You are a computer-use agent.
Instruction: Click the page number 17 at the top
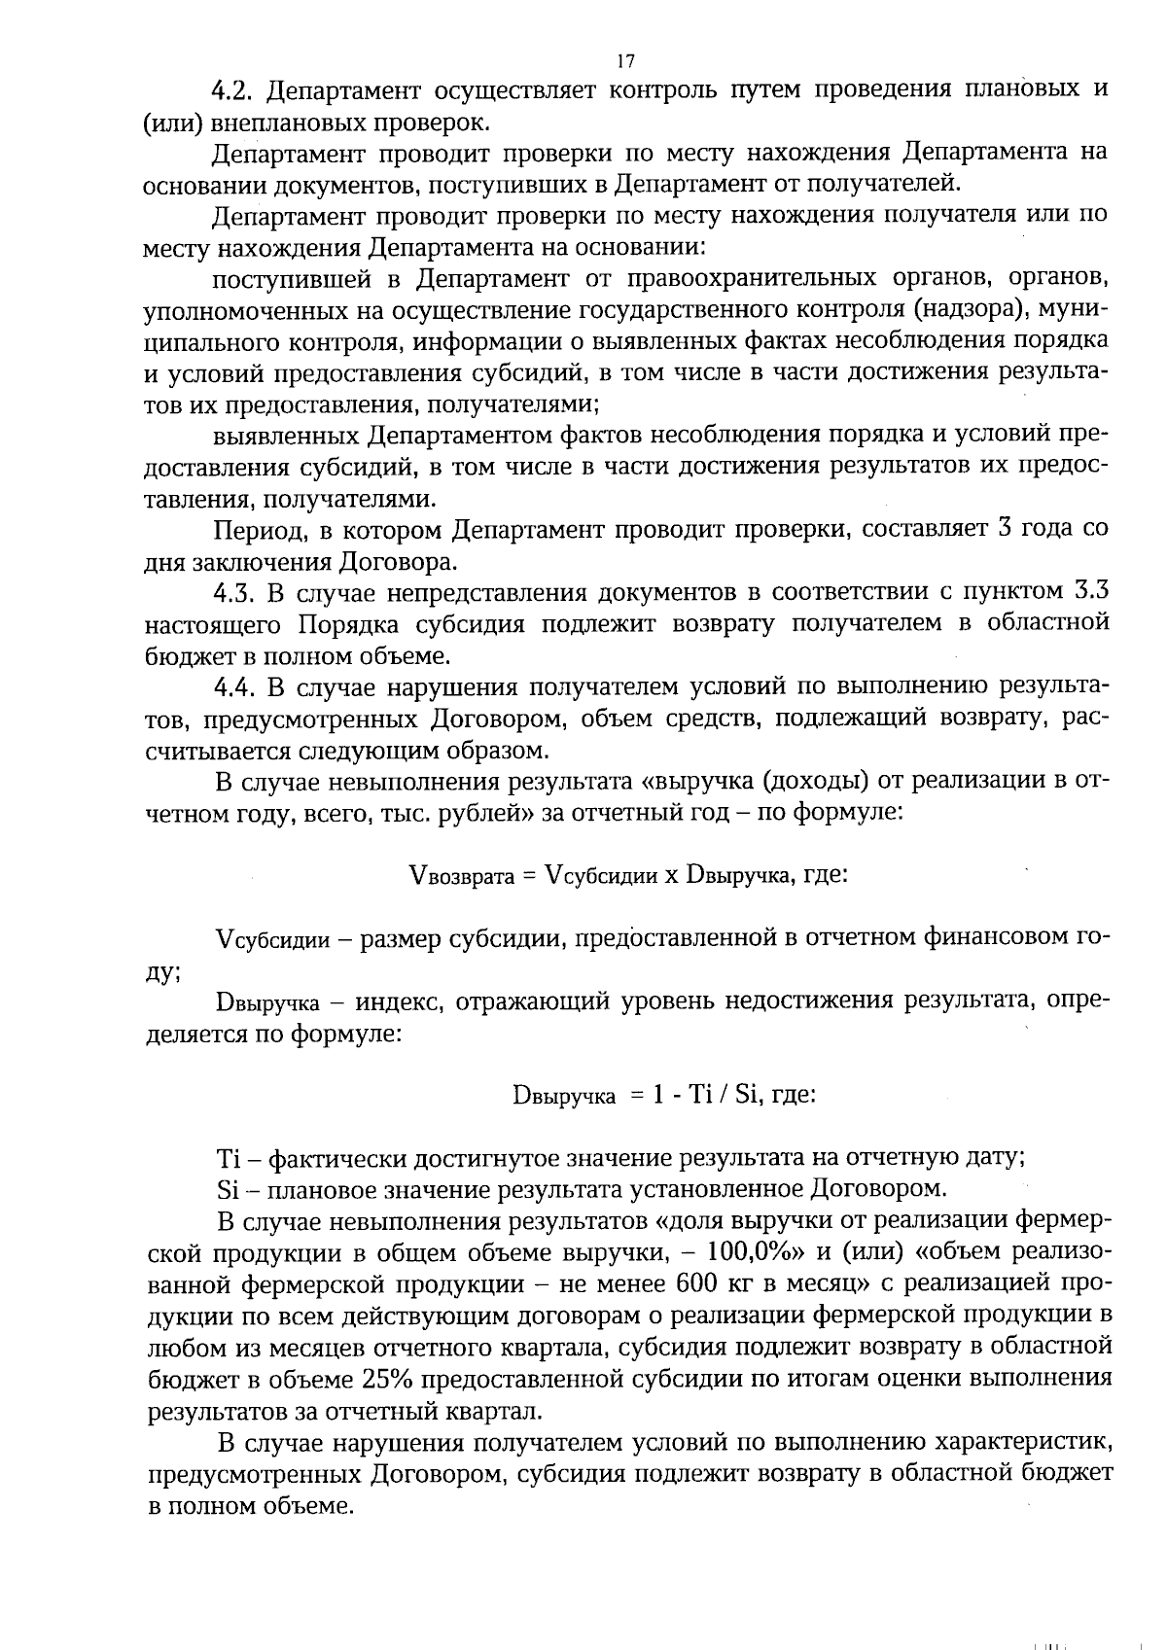click(x=625, y=62)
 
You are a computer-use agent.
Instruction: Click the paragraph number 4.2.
click(x=233, y=90)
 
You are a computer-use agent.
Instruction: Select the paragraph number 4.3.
click(x=233, y=592)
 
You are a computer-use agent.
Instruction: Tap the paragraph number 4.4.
click(x=233, y=686)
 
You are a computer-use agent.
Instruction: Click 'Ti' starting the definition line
click(x=227, y=1158)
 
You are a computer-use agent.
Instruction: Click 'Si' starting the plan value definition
click(x=226, y=1189)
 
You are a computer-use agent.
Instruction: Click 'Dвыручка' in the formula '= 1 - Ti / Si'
click(x=564, y=1096)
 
